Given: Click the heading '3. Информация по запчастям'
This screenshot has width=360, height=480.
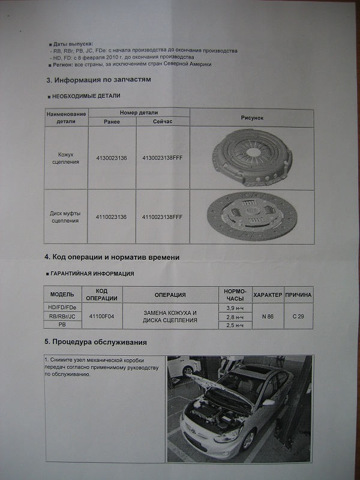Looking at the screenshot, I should point(98,79).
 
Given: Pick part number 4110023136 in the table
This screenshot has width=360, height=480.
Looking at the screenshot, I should point(111,216).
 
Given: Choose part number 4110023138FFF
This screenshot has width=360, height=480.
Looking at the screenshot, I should point(162,216).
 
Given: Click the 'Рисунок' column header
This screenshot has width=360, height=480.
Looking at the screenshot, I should point(252,118).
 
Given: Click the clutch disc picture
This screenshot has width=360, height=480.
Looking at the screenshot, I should point(254,216).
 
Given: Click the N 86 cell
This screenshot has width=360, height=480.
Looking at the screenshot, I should point(268,316).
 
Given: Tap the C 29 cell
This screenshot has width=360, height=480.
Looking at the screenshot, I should point(298,316).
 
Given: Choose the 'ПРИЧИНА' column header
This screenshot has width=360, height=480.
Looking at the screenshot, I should point(298,295).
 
